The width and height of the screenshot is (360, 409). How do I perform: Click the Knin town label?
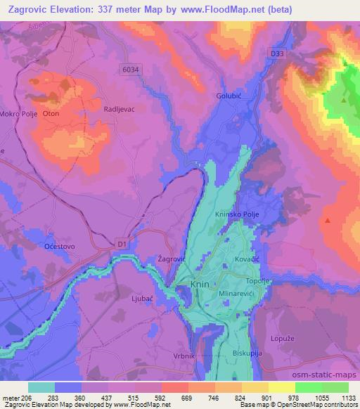[x=200, y=284]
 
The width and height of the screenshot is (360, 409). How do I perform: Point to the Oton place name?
[x=51, y=114]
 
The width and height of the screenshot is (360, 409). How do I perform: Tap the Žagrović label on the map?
[x=171, y=259]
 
